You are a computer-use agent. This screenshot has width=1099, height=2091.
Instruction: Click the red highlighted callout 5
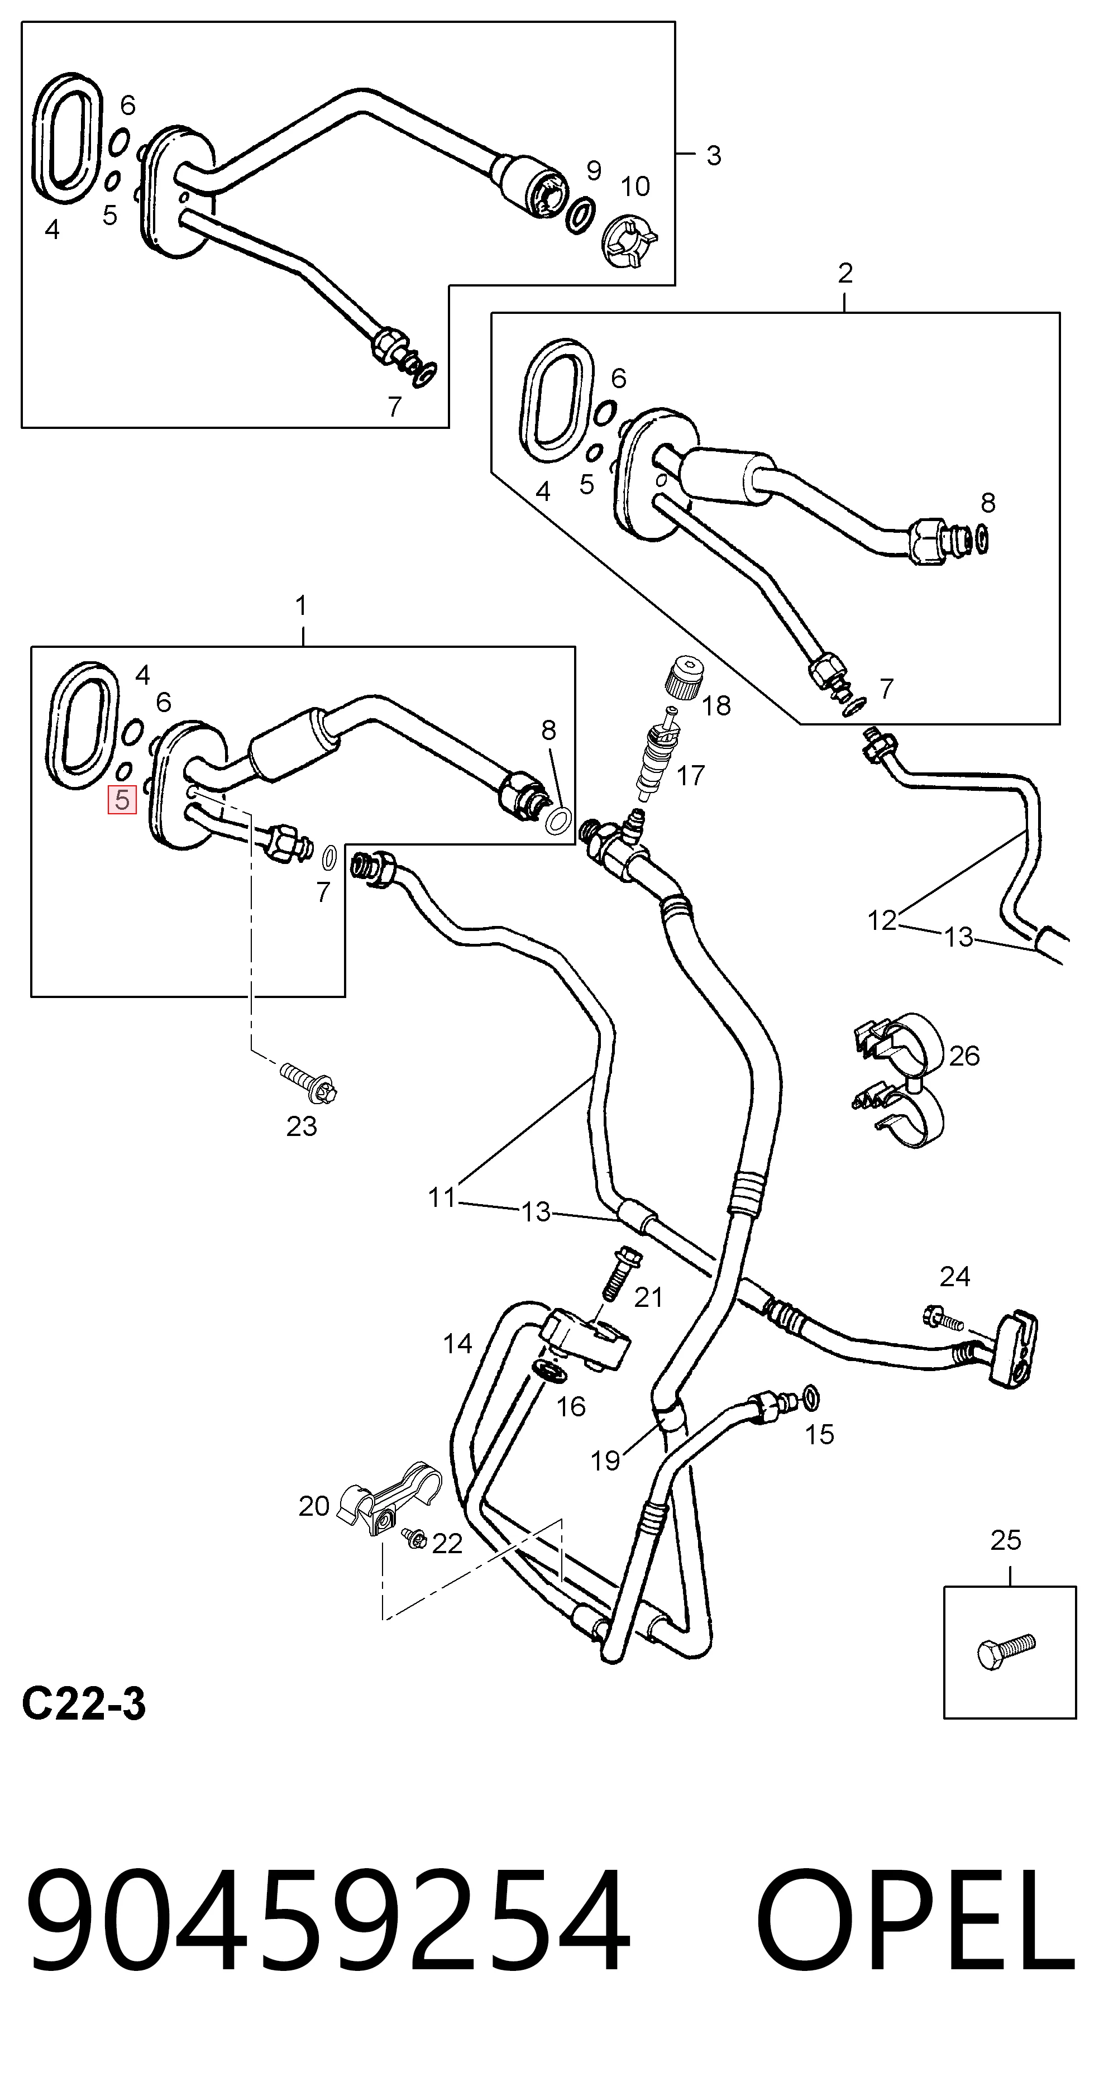click(122, 800)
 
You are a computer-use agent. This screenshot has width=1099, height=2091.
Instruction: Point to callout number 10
click(635, 187)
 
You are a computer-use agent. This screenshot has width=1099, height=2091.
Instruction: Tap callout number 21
click(648, 1297)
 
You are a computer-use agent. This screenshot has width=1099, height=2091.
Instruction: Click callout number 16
click(571, 1406)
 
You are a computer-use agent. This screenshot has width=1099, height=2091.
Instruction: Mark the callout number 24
click(954, 1277)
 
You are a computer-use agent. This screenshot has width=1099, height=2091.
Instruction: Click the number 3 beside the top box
click(714, 155)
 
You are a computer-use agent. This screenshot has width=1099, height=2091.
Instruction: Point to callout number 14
click(458, 1343)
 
